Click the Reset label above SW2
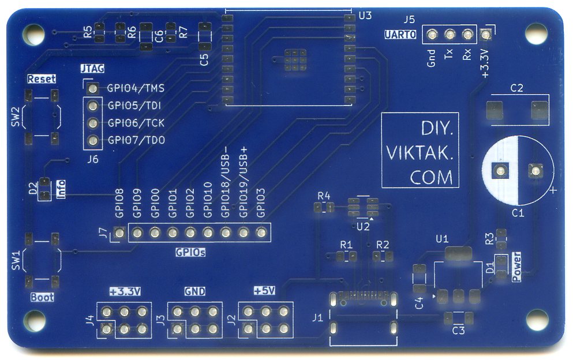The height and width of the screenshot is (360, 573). [42, 78]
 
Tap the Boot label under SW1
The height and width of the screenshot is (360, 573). [42, 298]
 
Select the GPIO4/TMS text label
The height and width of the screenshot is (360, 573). [136, 89]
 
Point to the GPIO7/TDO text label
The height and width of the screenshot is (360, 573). [136, 140]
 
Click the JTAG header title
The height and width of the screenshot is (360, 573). [92, 69]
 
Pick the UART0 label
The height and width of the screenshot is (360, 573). [400, 35]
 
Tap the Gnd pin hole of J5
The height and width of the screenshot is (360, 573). [431, 35]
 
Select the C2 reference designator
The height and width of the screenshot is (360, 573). [517, 88]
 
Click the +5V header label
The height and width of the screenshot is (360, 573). [265, 291]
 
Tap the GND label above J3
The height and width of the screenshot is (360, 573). [195, 291]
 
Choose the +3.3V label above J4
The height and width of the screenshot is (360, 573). [124, 291]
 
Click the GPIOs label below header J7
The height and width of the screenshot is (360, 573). [190, 253]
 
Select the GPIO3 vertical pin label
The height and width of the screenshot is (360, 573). [261, 202]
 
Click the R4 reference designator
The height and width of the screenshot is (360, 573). [324, 196]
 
